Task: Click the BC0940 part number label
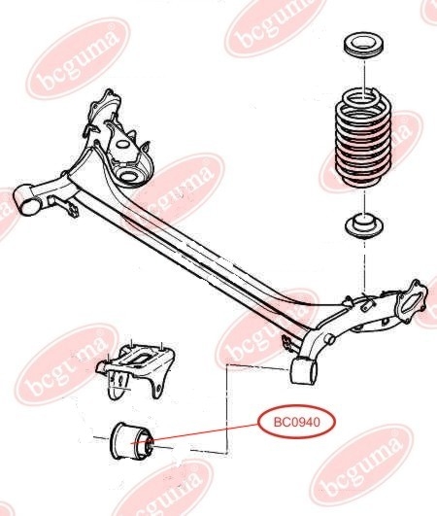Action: pyautogui.click(x=296, y=422)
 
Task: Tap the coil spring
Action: pyautogui.click(x=363, y=137)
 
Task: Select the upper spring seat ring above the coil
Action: pyautogui.click(x=364, y=45)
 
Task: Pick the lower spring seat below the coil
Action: pyautogui.click(x=364, y=226)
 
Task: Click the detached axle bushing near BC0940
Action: pyautogui.click(x=131, y=441)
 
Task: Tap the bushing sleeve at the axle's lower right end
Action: pyautogui.click(x=303, y=371)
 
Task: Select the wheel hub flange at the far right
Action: pyautogui.click(x=413, y=301)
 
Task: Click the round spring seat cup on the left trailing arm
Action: pyautogui.click(x=129, y=175)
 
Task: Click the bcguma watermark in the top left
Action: pyautogui.click(x=79, y=58)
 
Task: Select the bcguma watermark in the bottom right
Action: pyautogui.click(x=361, y=468)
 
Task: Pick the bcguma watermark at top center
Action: pyautogui.click(x=277, y=27)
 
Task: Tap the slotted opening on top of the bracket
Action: pyautogui.click(x=140, y=359)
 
